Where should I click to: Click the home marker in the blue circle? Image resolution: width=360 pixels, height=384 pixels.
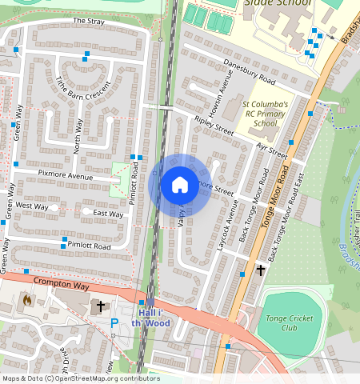click(x=180, y=185)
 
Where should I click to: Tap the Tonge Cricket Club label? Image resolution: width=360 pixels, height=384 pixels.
click(x=294, y=322)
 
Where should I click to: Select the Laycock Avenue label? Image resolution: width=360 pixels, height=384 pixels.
click(x=228, y=213)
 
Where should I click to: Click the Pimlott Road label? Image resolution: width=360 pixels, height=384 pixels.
click(x=88, y=246)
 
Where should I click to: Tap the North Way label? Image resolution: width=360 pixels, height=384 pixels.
click(x=78, y=136)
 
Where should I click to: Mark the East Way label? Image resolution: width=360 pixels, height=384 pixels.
click(x=108, y=214)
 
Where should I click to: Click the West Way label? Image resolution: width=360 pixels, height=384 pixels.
click(x=32, y=206)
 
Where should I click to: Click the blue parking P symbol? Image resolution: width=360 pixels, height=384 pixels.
click(x=114, y=322)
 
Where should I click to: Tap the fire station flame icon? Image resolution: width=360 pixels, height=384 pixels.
click(x=27, y=301)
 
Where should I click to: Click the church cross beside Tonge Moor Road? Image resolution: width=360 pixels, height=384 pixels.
click(x=260, y=270)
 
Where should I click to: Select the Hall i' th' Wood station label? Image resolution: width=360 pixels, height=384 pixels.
click(x=152, y=317)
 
